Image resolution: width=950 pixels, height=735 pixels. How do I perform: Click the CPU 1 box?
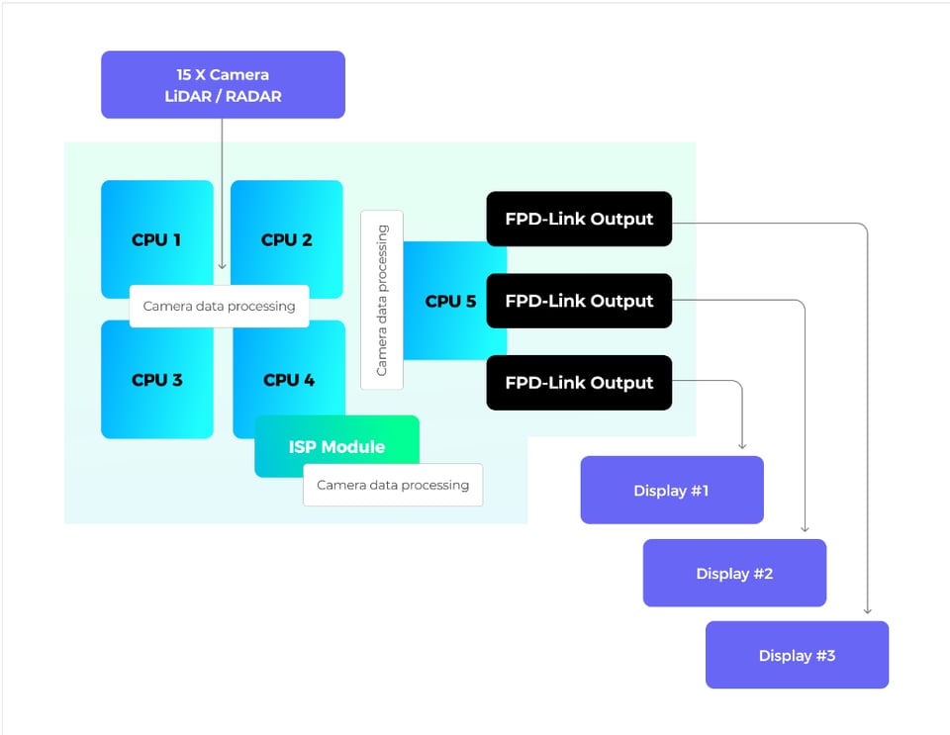[156, 238]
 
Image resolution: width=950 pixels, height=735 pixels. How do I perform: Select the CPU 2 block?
[287, 238]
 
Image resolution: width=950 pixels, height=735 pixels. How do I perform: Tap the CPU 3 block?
[156, 380]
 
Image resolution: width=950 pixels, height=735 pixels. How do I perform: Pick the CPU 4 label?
[289, 380]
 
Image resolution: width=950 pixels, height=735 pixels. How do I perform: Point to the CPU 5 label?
[450, 301]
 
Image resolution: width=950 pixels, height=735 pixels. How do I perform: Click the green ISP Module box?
[336, 446]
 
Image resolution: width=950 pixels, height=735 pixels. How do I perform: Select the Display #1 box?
[671, 490]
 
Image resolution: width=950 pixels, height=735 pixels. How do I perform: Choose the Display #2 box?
[734, 573]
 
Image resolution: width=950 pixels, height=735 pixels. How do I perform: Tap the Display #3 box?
[797, 655]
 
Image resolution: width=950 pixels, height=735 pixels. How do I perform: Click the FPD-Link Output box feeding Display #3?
[579, 219]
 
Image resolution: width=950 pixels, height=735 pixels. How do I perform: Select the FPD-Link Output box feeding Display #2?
[579, 301]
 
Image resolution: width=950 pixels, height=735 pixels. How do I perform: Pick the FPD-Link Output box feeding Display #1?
[579, 383]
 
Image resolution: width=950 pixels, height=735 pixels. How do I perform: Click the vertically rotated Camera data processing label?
[382, 300]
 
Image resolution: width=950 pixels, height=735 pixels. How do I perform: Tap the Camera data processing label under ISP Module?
[393, 485]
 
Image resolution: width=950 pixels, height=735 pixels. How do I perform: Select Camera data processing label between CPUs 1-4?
[219, 306]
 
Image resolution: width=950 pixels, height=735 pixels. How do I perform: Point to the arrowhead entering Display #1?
[742, 446]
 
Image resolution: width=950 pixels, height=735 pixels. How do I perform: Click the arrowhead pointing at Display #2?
[806, 529]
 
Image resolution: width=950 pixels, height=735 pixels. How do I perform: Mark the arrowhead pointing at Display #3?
[868, 611]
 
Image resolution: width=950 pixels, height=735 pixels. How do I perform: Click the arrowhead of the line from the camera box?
[222, 265]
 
